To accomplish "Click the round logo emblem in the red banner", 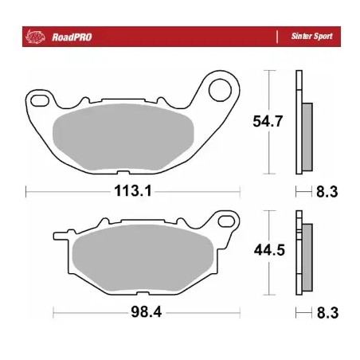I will [36, 37].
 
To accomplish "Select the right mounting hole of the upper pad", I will [220, 88].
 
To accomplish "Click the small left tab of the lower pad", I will [60, 235].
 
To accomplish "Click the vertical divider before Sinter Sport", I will [276, 37].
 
